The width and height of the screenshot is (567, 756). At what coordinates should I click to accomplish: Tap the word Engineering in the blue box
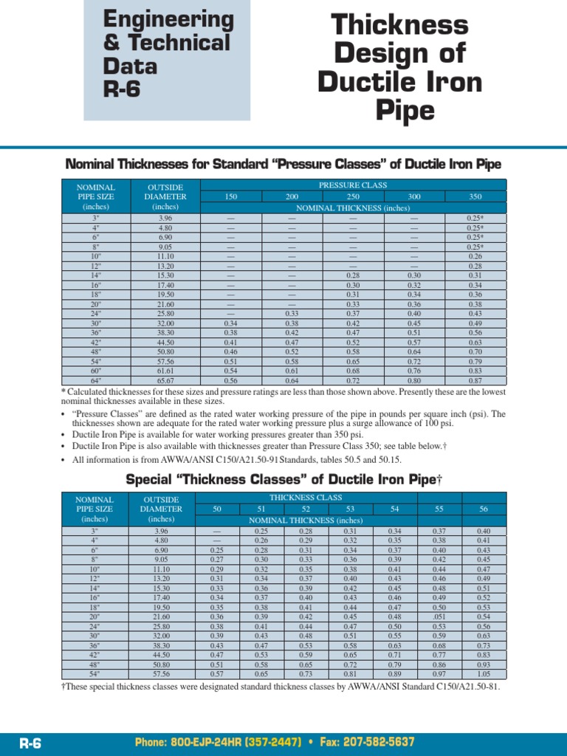pyautogui.click(x=168, y=19)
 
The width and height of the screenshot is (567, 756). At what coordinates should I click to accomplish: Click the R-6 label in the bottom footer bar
pyautogui.click(x=30, y=743)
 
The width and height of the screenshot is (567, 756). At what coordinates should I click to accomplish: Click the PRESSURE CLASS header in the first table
pyautogui.click(x=352, y=185)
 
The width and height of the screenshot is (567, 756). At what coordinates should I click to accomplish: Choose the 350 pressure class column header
pyautogui.click(x=475, y=197)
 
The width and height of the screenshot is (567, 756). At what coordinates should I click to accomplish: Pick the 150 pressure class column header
pyautogui.click(x=231, y=197)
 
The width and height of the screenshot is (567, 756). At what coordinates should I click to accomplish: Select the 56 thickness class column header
pyautogui.click(x=484, y=509)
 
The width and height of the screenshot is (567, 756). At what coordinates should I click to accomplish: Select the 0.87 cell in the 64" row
pyautogui.click(x=475, y=380)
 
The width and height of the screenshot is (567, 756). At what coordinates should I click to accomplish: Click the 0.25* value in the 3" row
pyautogui.click(x=475, y=219)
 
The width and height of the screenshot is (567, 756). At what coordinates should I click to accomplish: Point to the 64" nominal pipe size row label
pyautogui.click(x=95, y=380)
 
